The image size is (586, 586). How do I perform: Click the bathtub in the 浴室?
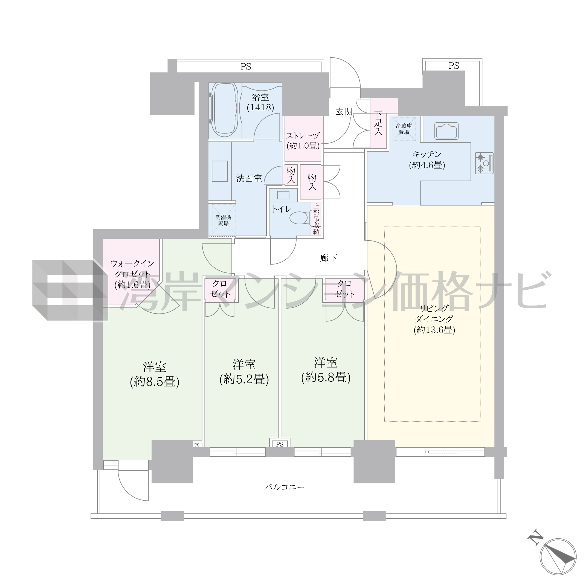(224, 110)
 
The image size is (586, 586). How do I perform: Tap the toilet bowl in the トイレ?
(300, 217)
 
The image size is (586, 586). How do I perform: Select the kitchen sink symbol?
(446, 131)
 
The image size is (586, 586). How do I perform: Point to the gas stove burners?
(484, 163)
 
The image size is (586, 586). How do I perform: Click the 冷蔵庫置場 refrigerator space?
(404, 129)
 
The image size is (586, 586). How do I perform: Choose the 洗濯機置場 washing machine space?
(223, 221)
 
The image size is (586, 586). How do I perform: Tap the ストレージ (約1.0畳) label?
(303, 140)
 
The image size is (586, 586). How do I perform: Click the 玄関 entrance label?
(344, 112)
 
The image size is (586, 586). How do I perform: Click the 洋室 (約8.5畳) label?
(154, 374)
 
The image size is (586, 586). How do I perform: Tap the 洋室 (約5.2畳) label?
(244, 372)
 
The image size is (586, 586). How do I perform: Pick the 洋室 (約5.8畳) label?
(326, 370)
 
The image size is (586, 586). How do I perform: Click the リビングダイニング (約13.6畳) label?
(434, 319)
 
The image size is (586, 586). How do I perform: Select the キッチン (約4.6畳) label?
(427, 159)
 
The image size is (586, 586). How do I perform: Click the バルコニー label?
(284, 488)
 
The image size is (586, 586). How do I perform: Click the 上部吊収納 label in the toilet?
(316, 219)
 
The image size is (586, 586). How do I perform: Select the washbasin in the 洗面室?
(220, 171)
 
